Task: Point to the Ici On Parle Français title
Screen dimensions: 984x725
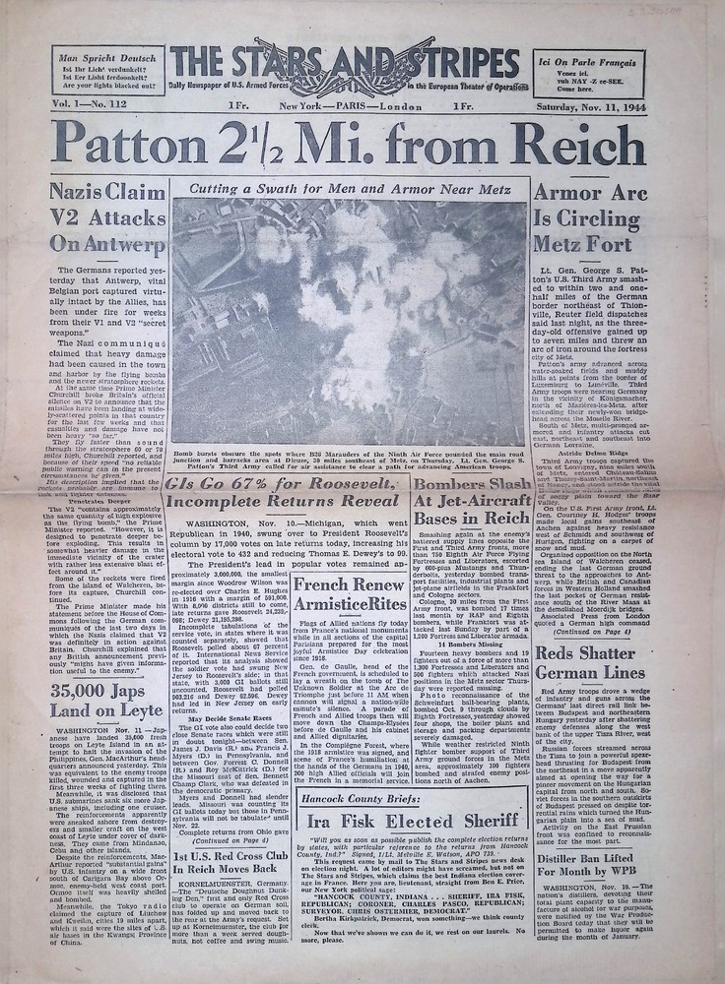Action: (x=588, y=59)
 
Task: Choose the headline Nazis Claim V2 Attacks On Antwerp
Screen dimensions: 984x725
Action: (x=106, y=220)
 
